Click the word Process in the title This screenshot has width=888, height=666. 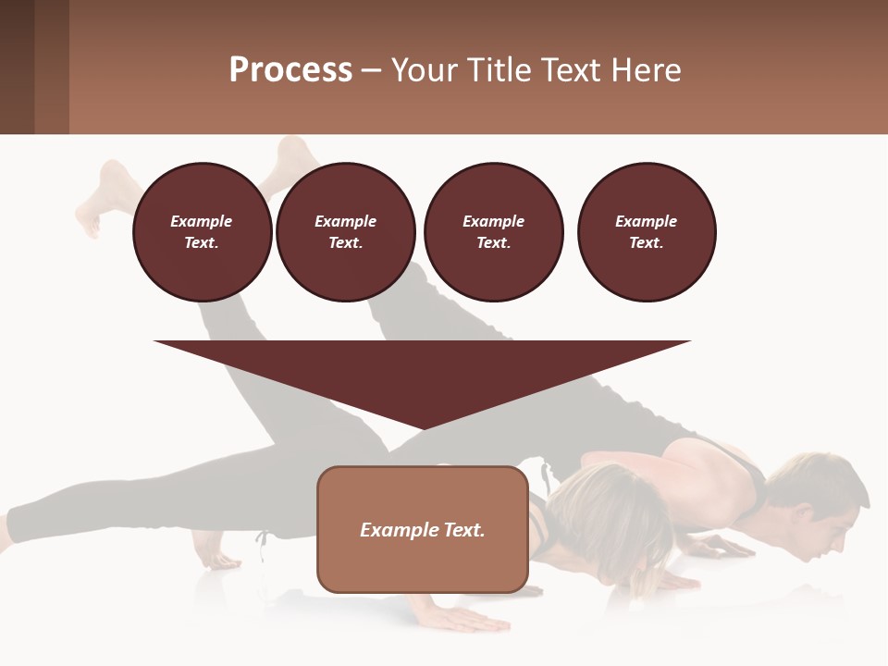[290, 69]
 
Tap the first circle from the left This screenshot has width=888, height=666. [202, 231]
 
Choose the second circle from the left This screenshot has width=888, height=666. [345, 231]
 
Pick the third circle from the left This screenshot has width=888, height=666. [493, 231]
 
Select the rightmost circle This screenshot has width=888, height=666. [646, 231]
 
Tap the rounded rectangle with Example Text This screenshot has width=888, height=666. [422, 528]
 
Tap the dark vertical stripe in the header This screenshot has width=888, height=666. [52, 67]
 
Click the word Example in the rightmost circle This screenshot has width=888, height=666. [646, 221]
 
